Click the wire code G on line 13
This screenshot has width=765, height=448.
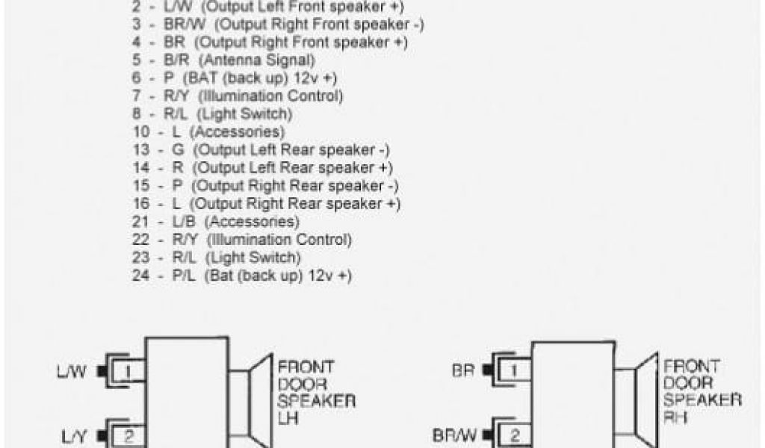[177, 150]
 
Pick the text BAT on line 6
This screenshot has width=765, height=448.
[206, 78]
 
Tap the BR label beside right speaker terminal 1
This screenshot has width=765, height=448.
[463, 370]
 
